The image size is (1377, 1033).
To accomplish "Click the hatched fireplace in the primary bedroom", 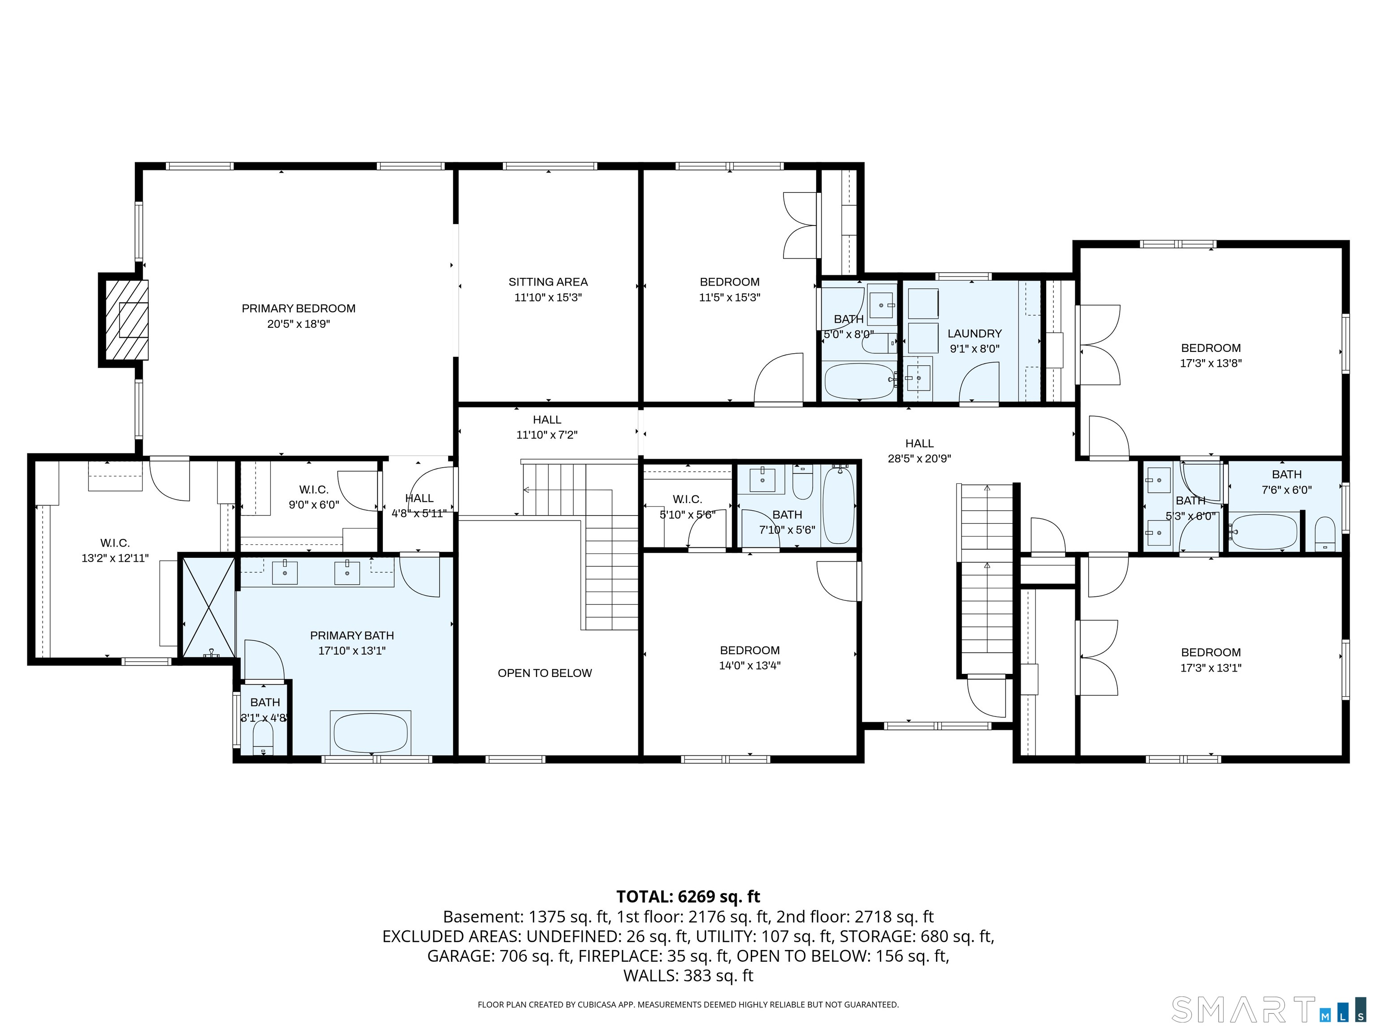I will tap(126, 319).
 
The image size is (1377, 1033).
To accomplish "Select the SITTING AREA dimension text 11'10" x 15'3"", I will tap(548, 298).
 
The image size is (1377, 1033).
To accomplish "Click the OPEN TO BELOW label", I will tap(545, 673).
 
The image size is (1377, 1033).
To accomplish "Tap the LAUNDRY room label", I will tap(974, 334).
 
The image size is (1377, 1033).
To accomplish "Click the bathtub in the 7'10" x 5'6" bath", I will tap(838, 506).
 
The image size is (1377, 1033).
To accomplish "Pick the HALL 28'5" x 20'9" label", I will tap(919, 451).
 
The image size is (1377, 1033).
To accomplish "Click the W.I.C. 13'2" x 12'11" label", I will tap(115, 551).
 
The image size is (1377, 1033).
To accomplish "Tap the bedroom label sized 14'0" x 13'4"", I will tap(749, 658).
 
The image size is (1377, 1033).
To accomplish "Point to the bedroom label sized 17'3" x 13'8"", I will tap(1211, 356).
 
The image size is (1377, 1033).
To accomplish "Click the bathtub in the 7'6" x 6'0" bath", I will tap(1264, 532).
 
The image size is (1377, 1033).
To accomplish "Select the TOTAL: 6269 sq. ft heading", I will tap(688, 897).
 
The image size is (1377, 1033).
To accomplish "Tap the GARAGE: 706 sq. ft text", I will tap(498, 956).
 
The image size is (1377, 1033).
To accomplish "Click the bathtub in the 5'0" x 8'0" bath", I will tap(859, 381).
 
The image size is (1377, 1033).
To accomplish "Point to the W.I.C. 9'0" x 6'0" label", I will tap(313, 497).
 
